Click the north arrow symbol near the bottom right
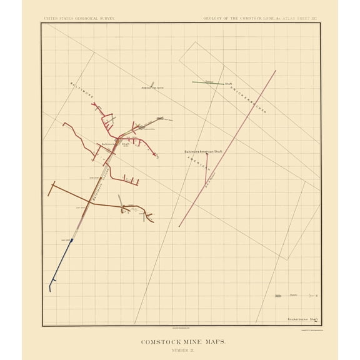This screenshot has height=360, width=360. (278, 296)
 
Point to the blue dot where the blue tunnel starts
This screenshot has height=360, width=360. (72, 240)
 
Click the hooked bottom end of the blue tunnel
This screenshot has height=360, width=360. (50, 289)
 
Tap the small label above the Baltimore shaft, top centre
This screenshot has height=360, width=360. (152, 88)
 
